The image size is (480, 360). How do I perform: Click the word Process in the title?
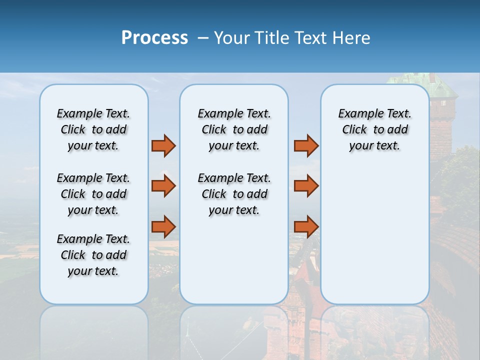[154, 37]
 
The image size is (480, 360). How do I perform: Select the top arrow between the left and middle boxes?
[163, 145]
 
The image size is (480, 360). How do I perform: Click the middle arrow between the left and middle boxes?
[163, 186]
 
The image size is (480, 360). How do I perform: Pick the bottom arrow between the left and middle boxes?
[163, 226]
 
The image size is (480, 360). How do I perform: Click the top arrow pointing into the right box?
[306, 145]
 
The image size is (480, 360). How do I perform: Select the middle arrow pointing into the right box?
[306, 186]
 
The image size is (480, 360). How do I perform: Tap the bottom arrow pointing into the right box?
[306, 226]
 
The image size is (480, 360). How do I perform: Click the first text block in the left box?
[93, 129]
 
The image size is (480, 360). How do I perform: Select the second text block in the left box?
[93, 194]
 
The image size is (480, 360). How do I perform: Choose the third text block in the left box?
[93, 255]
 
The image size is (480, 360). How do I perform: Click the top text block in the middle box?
[234, 129]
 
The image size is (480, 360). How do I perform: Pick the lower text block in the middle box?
[234, 194]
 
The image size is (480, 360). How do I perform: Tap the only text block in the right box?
[374, 129]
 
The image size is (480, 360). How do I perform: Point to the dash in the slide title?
[203, 38]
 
